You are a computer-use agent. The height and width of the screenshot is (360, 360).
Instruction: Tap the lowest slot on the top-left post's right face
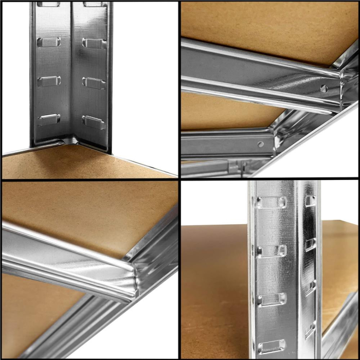coord(94,122)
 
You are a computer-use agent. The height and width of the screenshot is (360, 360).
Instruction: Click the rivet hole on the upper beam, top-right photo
coord(324,88)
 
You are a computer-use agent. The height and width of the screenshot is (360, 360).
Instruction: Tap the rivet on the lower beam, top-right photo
coord(261,144)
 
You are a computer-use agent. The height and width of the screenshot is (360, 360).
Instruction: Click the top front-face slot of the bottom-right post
coord(272,202)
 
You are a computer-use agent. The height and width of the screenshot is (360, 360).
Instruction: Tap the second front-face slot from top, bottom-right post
coord(272,251)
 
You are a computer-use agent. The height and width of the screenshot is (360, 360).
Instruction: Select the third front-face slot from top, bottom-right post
coord(272,299)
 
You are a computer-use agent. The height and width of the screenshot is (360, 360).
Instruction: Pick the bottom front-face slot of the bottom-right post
coord(272,346)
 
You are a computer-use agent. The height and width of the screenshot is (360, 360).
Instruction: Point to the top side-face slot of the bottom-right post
coord(310,200)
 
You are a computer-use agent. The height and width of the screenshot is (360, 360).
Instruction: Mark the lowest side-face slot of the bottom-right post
coord(310,329)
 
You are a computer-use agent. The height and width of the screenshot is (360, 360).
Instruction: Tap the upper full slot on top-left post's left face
coord(49,42)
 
